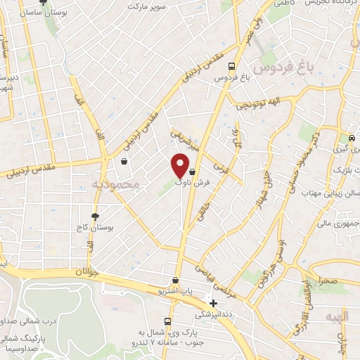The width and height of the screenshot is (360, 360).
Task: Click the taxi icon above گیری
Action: click(352, 138)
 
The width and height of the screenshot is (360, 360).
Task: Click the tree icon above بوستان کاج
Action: click(96, 217)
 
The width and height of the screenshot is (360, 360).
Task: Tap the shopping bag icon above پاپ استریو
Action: click(175, 280)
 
